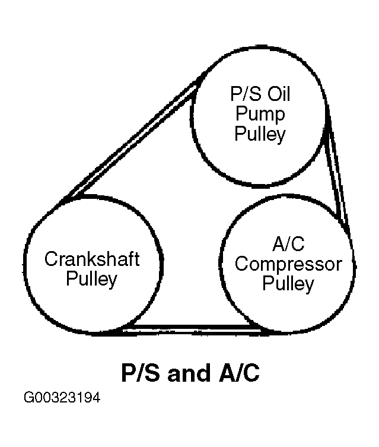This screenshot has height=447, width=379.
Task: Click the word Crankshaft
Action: pos(92,259)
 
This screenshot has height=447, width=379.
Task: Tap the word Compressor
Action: pos(288,264)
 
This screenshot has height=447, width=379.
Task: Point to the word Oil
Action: pos(278,95)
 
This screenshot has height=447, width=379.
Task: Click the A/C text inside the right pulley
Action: pos(288,244)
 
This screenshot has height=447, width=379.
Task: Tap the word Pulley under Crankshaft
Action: pos(92,279)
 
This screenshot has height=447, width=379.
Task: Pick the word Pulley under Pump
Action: pos(260,134)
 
